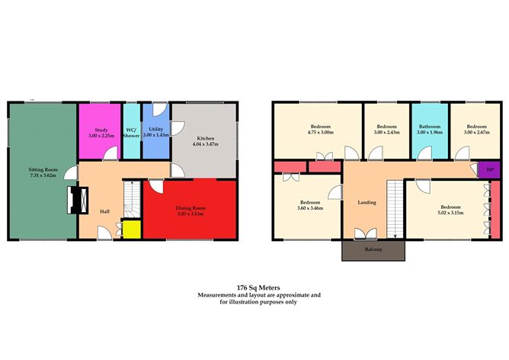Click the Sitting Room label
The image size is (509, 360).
43,169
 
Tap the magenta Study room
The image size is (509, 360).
100,131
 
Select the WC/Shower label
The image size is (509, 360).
131,133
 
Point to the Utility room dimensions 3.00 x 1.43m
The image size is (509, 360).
156,135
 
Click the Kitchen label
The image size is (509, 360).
206,138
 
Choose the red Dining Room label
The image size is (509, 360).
190,208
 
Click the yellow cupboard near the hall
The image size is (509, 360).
132,230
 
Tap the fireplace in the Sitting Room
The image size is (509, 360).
78,200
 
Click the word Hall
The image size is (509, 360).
104,211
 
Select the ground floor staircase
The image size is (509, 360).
132,200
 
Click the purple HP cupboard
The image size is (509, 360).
489,169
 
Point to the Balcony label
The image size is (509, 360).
373,249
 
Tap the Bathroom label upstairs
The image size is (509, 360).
430,127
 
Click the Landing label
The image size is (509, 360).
367,202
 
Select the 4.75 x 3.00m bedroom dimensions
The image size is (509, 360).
320,132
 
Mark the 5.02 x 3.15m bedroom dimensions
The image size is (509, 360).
450,213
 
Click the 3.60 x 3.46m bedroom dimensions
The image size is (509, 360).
310,208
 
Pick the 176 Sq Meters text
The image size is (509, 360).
258,288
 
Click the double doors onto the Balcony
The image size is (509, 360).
366,234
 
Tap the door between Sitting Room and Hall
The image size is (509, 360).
71,172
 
